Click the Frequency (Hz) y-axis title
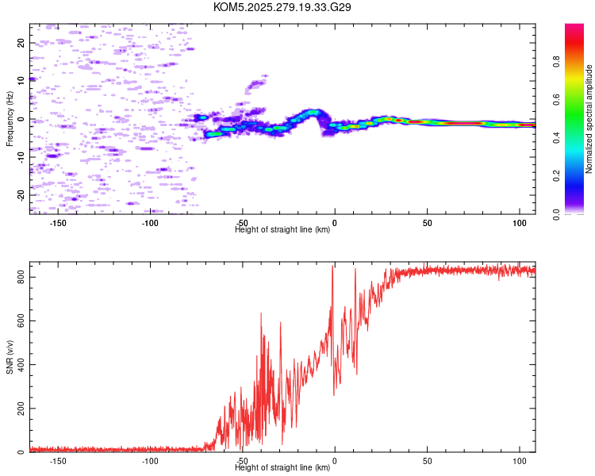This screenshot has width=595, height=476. (10, 118)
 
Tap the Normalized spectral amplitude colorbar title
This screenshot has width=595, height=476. (589, 119)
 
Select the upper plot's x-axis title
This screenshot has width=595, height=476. (282, 230)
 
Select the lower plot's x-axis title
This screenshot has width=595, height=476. (282, 468)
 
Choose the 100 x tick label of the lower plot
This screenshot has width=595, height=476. (520, 461)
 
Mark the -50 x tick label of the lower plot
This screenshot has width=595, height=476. (243, 461)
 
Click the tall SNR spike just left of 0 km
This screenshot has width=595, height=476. (332, 267)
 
